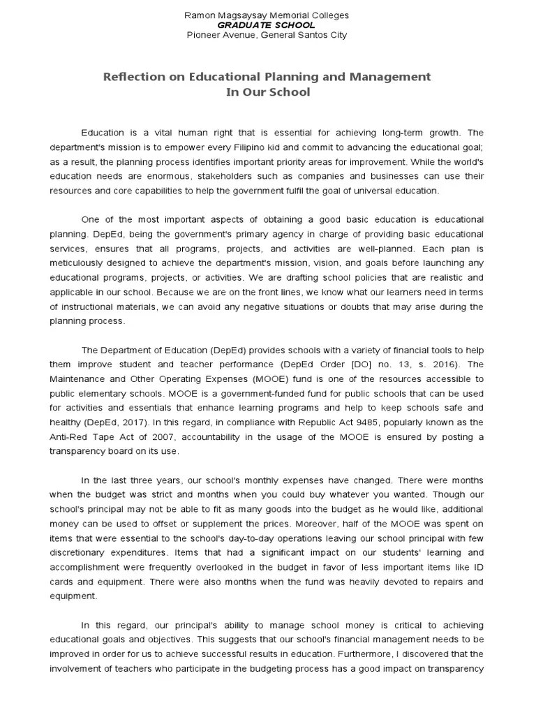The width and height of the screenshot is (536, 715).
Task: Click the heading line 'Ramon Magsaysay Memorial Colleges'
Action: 266,15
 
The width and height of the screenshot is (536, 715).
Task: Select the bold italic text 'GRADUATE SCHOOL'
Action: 266,24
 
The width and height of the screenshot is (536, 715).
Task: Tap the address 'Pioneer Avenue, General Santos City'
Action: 266,34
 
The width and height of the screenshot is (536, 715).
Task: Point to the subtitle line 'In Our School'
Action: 267,92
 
